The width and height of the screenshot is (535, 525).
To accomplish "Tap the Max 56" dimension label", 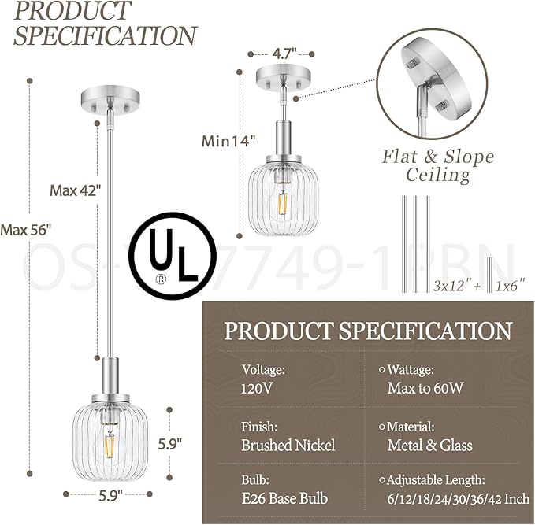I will coord(26,230).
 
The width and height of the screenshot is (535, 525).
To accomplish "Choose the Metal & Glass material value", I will coord(429,446).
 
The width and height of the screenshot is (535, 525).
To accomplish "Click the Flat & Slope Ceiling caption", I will coord(438,165).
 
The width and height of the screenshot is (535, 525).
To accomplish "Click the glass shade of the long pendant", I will coord(109,437).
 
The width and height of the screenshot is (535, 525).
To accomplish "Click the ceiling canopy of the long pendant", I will coord(109,101).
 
